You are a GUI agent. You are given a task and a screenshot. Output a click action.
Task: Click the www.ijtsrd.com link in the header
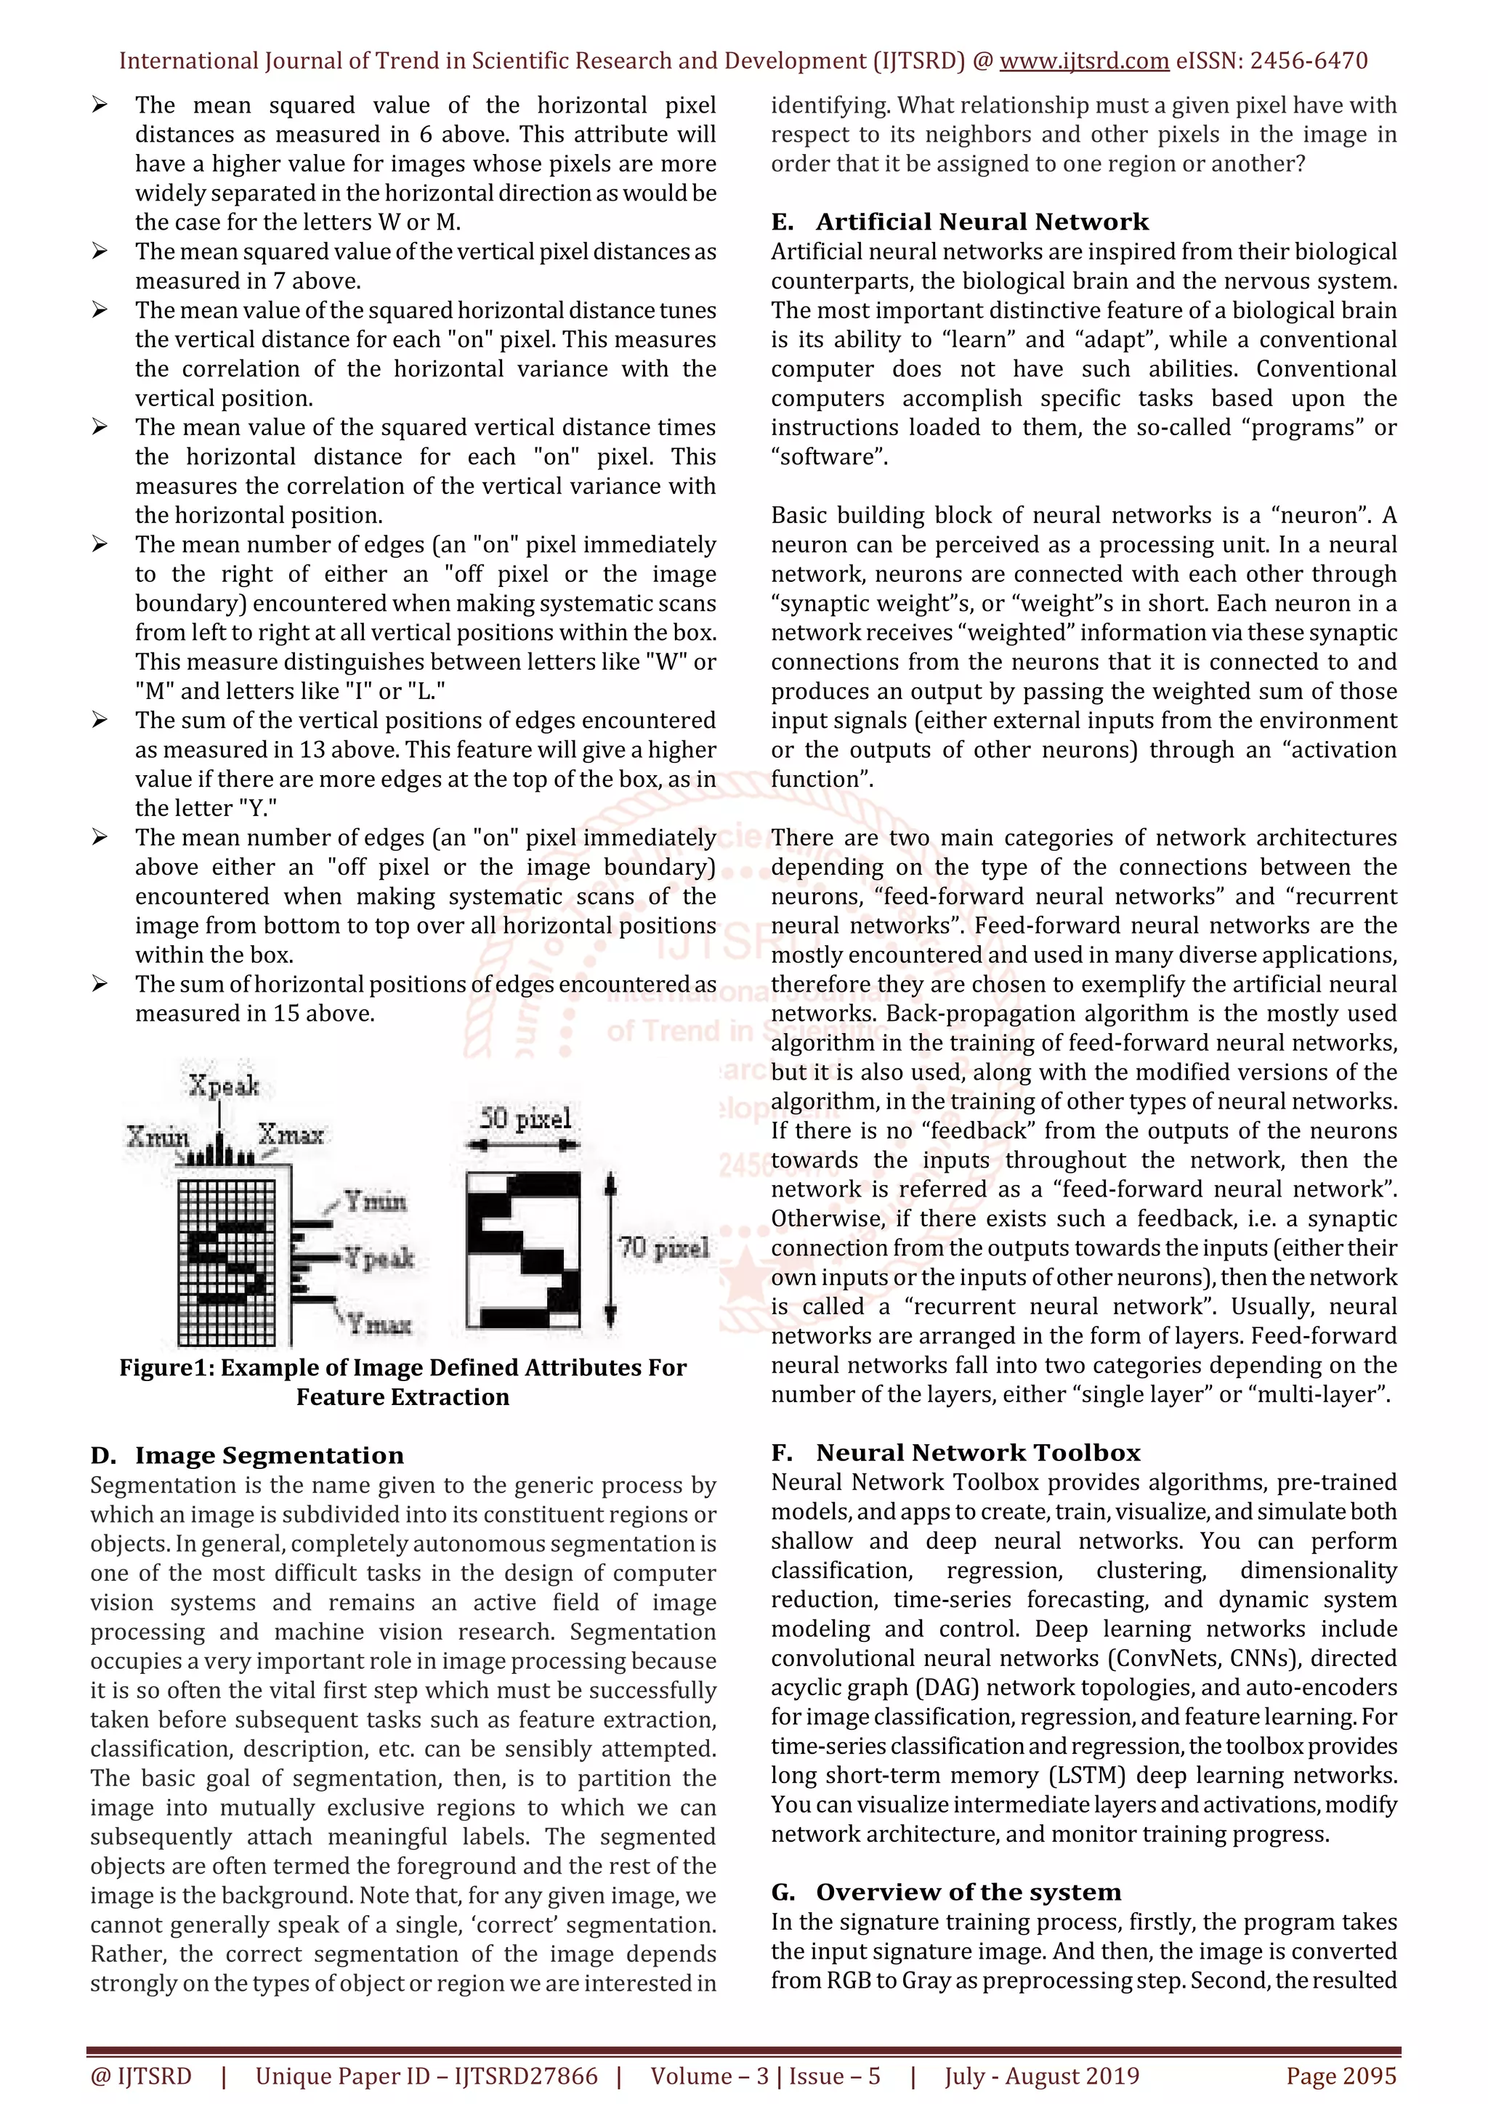point(1084,62)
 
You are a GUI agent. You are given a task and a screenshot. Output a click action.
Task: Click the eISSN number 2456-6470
point(1309,62)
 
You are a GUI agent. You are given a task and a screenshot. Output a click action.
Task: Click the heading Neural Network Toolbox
point(978,1452)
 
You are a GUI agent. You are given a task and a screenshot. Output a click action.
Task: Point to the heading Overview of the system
point(968,1893)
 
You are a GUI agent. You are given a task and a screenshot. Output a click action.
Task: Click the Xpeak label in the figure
point(224,1087)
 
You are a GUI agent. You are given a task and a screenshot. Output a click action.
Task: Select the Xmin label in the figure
point(157,1137)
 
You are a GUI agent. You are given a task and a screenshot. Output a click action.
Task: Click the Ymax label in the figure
point(379,1324)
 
